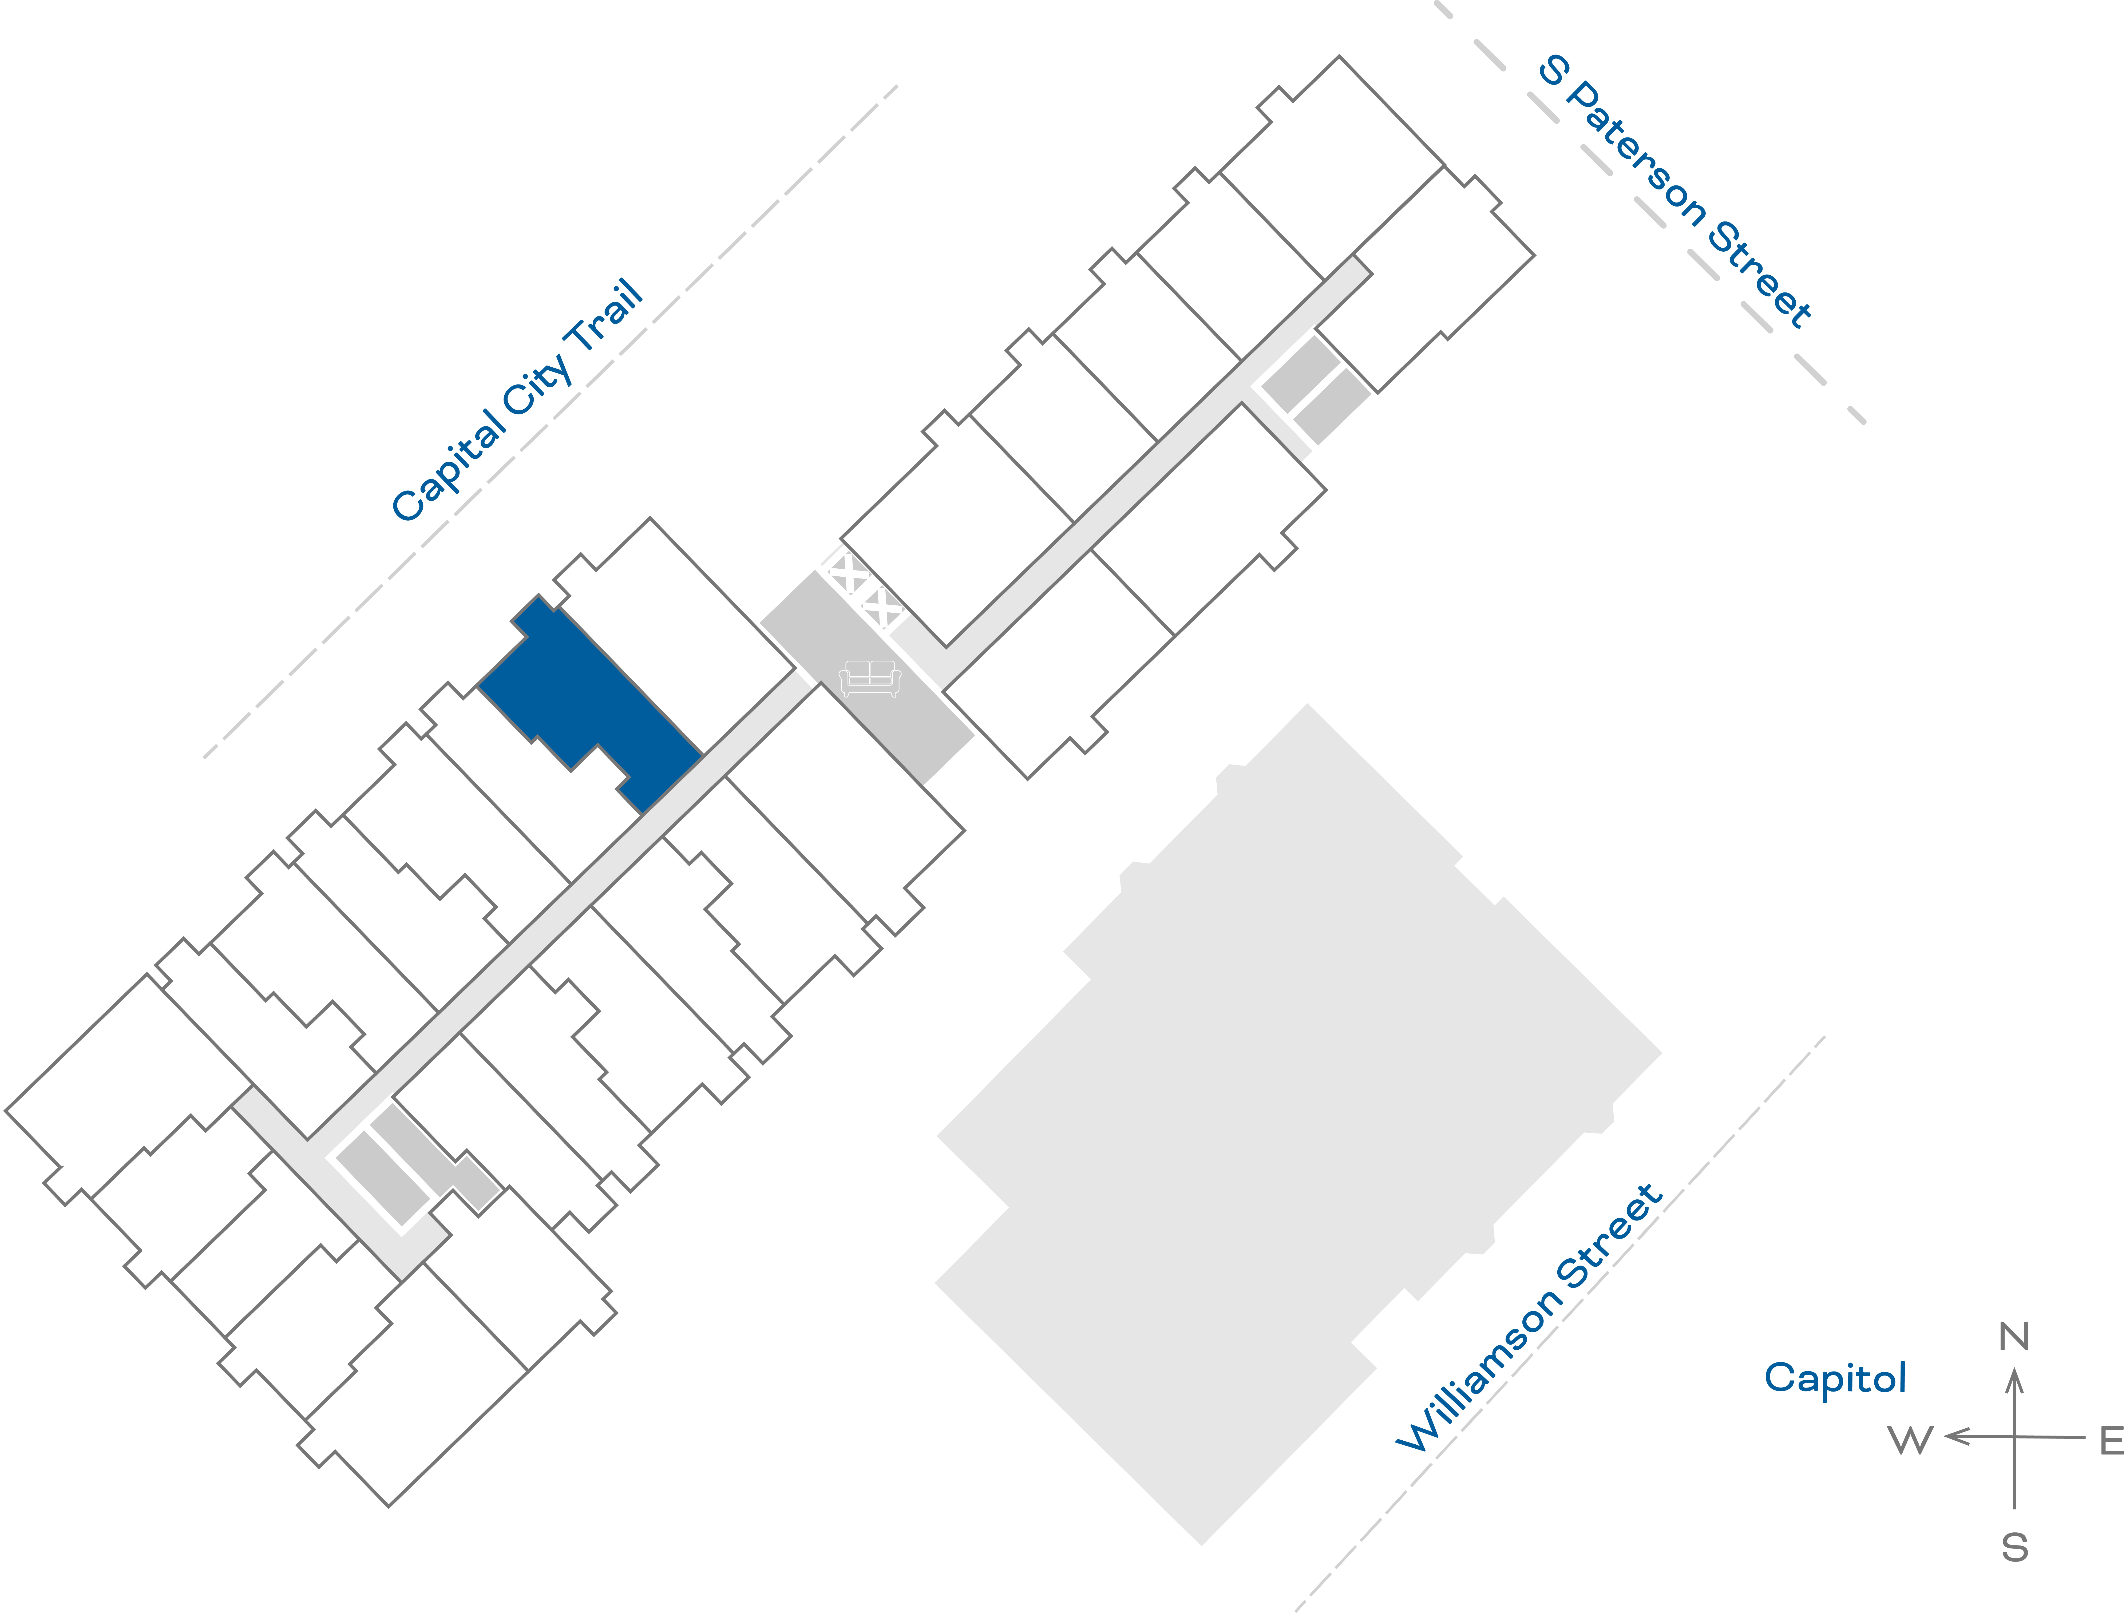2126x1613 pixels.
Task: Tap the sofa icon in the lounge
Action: (870, 678)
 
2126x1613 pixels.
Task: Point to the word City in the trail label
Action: (538, 385)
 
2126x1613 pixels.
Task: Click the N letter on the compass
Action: (2014, 1336)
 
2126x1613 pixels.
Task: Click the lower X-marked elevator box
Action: (881, 608)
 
